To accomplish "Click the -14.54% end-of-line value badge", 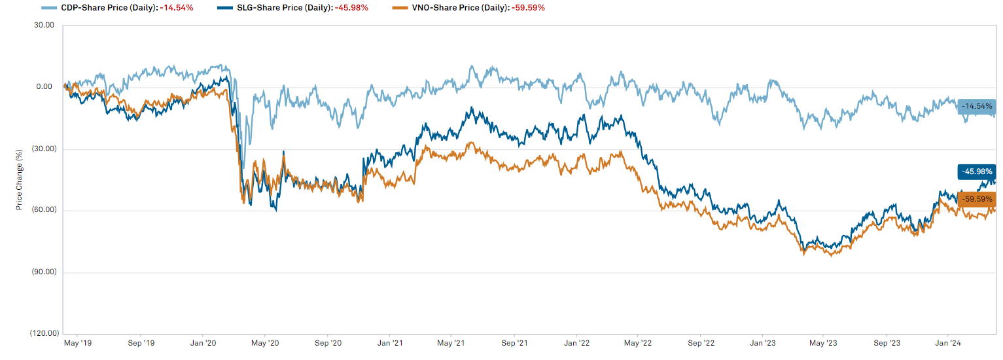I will pyautogui.click(x=977, y=106).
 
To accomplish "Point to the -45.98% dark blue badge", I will pyautogui.click(x=977, y=171).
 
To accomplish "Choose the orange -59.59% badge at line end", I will pyautogui.click(x=977, y=199).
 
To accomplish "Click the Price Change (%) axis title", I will pyautogui.click(x=19, y=180).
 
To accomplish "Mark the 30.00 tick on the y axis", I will pyautogui.click(x=44, y=25).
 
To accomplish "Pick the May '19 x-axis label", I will pyautogui.click(x=77, y=343).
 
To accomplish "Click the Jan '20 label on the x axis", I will pyautogui.click(x=203, y=343).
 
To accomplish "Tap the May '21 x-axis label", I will pyautogui.click(x=451, y=343).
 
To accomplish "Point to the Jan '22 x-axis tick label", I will pyautogui.click(x=578, y=343).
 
